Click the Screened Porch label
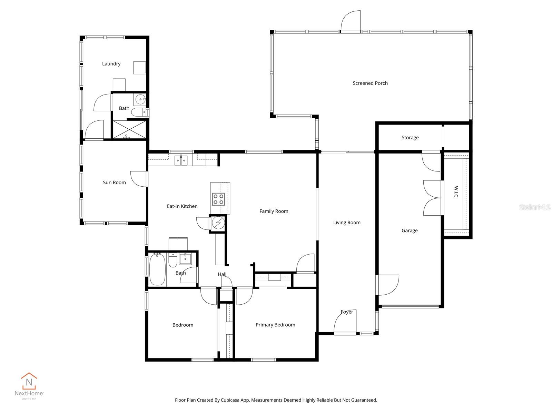[x=370, y=83]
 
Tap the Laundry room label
[x=111, y=64]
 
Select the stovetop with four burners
[x=218, y=199]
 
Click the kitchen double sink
[x=181, y=160]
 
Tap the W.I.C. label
[x=456, y=192]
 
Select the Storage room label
[x=410, y=138]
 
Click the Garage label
[x=410, y=230]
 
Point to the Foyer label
[x=347, y=312]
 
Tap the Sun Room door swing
[x=139, y=179]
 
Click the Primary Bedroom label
[x=275, y=325]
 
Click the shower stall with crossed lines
[x=130, y=129]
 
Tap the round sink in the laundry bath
[x=140, y=100]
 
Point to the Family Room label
[x=274, y=211]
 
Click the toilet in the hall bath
[x=173, y=260]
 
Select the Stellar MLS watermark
[x=534, y=207]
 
